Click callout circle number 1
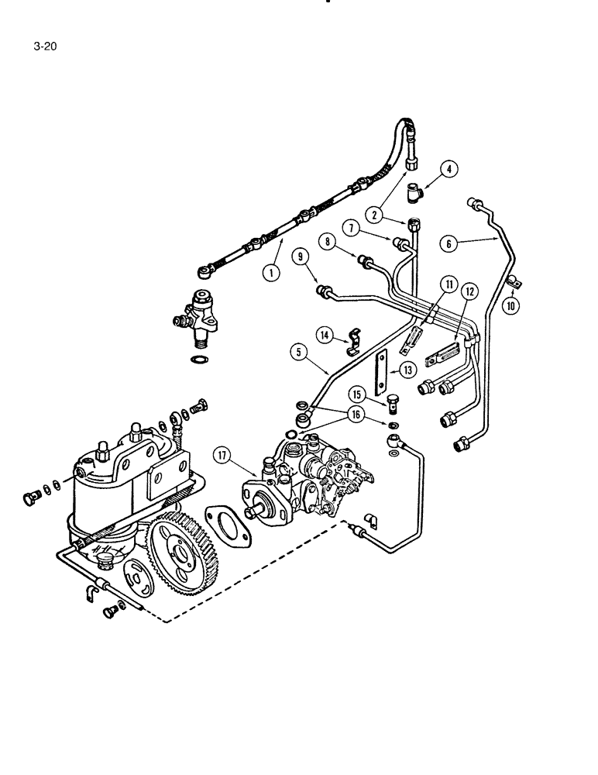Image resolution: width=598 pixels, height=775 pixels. [x=270, y=273]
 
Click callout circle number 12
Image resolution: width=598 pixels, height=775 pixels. [x=469, y=291]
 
